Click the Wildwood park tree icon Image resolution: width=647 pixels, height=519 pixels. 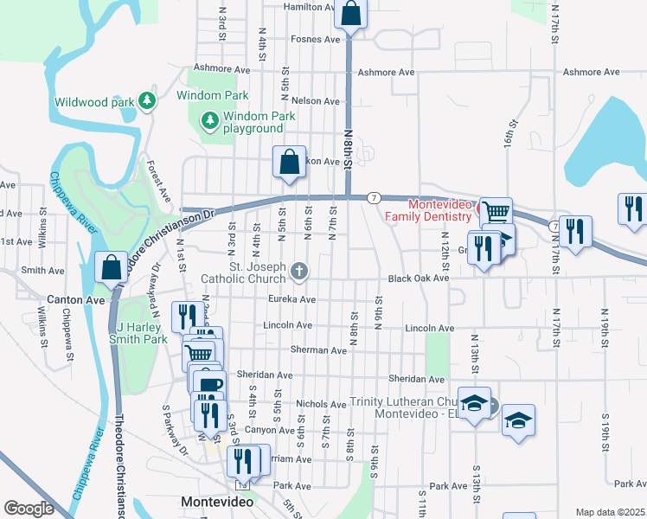coord(147,101)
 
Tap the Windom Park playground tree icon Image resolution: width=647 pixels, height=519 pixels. coord(208,119)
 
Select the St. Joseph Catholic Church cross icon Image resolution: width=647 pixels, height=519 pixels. coord(299,272)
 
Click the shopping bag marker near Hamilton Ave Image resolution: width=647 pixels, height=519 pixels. coord(351,15)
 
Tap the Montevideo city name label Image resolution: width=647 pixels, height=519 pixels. coord(217,502)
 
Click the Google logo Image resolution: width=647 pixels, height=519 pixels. coord(29,508)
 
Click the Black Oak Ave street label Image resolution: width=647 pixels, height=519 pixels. coord(419,279)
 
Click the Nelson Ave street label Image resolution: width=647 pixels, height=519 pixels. coord(316,101)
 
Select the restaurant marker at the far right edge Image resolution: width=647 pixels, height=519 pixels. coord(633,210)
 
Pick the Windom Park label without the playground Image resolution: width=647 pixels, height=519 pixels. coord(213,95)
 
